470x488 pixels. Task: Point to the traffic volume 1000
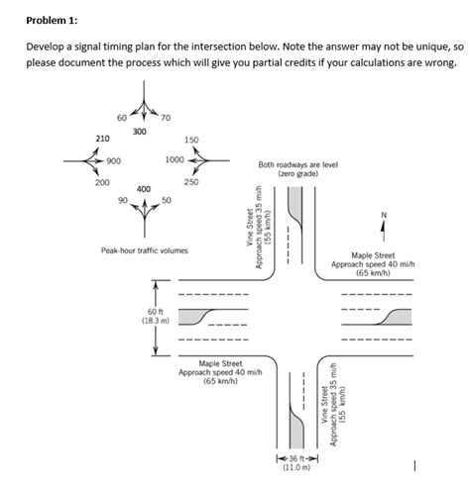coord(176,159)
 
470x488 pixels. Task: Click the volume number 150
coord(192,141)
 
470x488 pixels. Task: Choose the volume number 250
coord(192,182)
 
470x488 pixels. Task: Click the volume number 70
coord(166,119)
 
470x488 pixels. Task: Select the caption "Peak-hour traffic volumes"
coord(144,250)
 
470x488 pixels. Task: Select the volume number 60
coord(122,118)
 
